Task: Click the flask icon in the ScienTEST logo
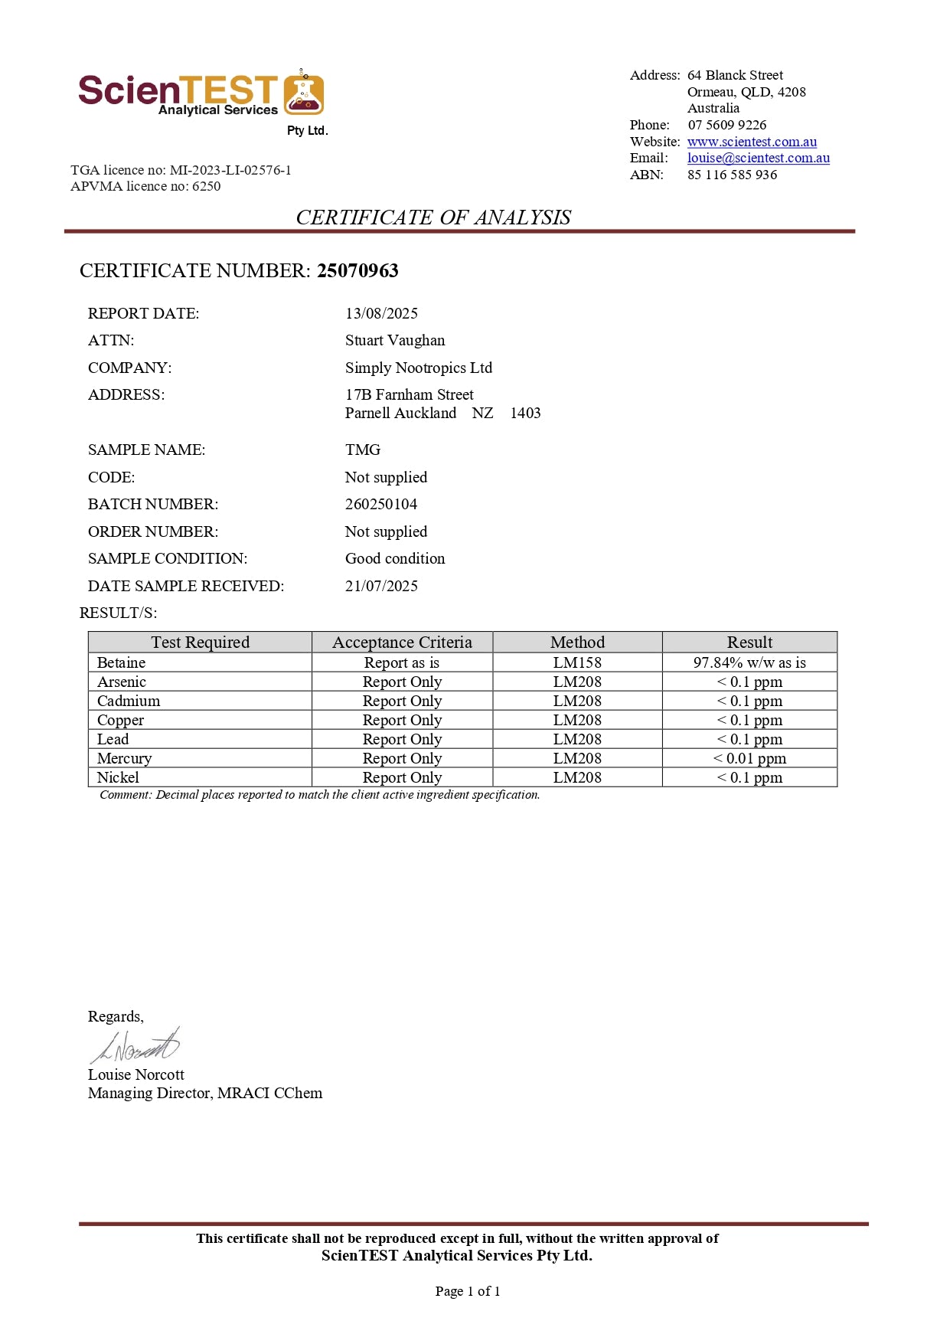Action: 304,93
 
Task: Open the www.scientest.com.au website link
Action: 752,142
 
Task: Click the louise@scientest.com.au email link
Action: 758,158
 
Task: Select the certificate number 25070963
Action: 357,270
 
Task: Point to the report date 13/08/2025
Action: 381,313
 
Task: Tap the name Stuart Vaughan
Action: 394,340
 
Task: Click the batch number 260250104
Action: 380,504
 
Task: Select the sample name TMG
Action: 362,450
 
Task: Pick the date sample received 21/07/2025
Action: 381,586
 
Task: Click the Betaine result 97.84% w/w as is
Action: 749,662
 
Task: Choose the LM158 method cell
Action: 577,662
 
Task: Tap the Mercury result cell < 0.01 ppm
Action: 749,758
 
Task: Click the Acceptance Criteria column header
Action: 402,642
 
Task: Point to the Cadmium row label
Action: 129,701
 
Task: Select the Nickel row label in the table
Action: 118,777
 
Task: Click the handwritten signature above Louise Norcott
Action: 135,1045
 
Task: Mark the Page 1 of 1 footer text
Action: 468,1291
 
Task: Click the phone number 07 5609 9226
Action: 726,125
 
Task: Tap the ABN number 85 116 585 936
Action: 732,175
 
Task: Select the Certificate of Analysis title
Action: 433,217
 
